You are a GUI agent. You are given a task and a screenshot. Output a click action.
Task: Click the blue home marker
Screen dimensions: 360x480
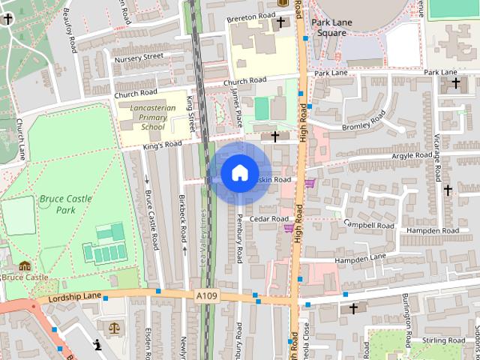tap(239, 173)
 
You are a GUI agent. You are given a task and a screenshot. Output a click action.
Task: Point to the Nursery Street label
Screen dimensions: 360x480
tap(138, 57)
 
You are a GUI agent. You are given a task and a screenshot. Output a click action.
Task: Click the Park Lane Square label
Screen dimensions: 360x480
tap(331, 28)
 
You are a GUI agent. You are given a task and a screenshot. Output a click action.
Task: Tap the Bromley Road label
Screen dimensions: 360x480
tap(363, 122)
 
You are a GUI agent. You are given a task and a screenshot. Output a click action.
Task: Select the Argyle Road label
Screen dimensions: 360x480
tap(412, 156)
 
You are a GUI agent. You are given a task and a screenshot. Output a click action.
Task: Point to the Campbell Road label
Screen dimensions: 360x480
tap(368, 224)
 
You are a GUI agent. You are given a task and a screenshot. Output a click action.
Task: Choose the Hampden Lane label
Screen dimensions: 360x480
tap(360, 259)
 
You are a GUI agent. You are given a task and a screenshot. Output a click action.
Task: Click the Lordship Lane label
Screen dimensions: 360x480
tap(74, 298)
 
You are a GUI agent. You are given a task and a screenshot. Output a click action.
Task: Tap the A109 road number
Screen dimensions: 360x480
tap(207, 297)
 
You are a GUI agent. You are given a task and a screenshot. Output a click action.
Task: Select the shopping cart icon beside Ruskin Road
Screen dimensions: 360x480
tap(309, 183)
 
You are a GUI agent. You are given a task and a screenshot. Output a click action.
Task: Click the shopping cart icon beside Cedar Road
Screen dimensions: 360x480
tap(288, 228)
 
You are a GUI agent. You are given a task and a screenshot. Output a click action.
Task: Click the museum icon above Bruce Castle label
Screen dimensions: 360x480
tap(25, 265)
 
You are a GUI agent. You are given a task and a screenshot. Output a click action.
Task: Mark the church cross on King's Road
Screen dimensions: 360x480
tap(275, 136)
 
